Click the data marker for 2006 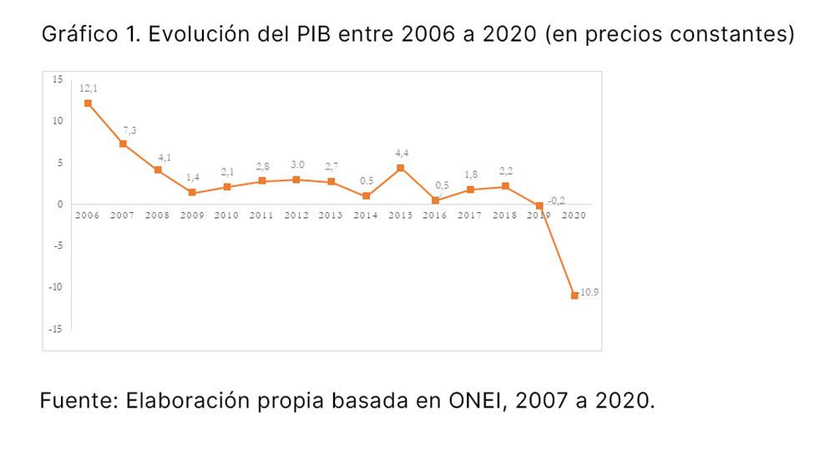click(88, 104)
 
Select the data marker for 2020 click(574, 295)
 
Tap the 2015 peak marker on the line click(400, 168)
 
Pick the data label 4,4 click(402, 153)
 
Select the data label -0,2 click(557, 200)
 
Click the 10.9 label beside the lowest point click(590, 293)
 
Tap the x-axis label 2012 click(296, 215)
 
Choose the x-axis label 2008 click(157, 215)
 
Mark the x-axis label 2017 click(470, 215)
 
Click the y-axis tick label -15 click(55, 329)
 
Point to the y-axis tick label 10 click(57, 120)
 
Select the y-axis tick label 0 click(60, 204)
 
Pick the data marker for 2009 click(192, 193)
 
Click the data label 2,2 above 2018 click(505, 171)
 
